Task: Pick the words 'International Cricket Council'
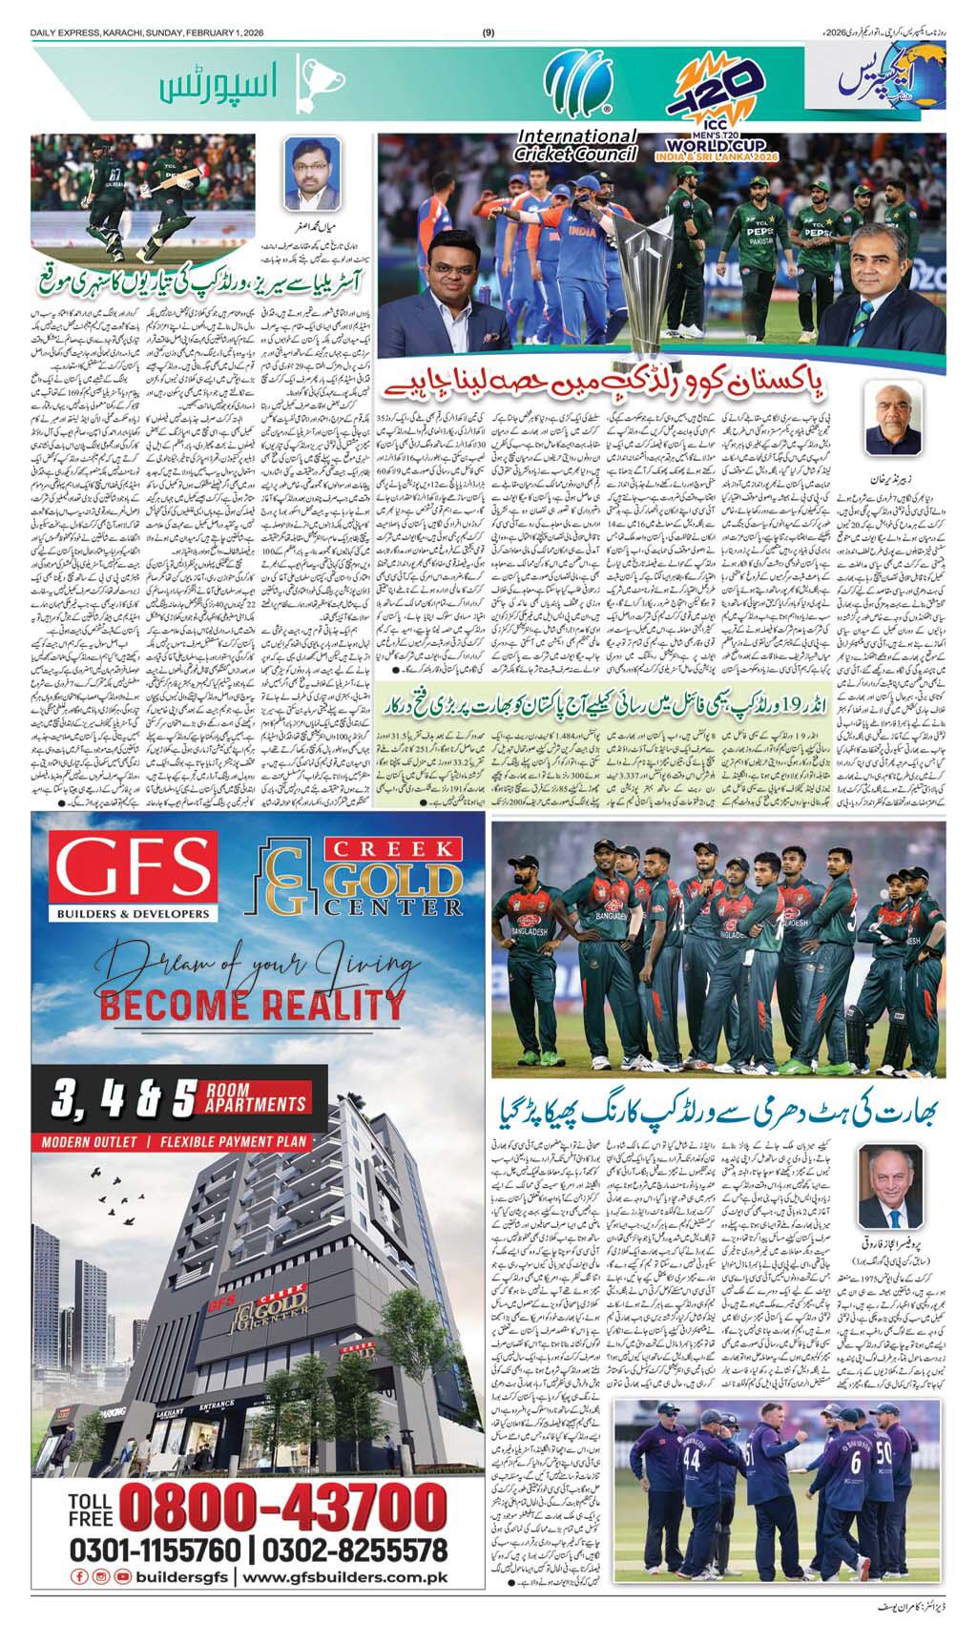[x=567, y=143]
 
